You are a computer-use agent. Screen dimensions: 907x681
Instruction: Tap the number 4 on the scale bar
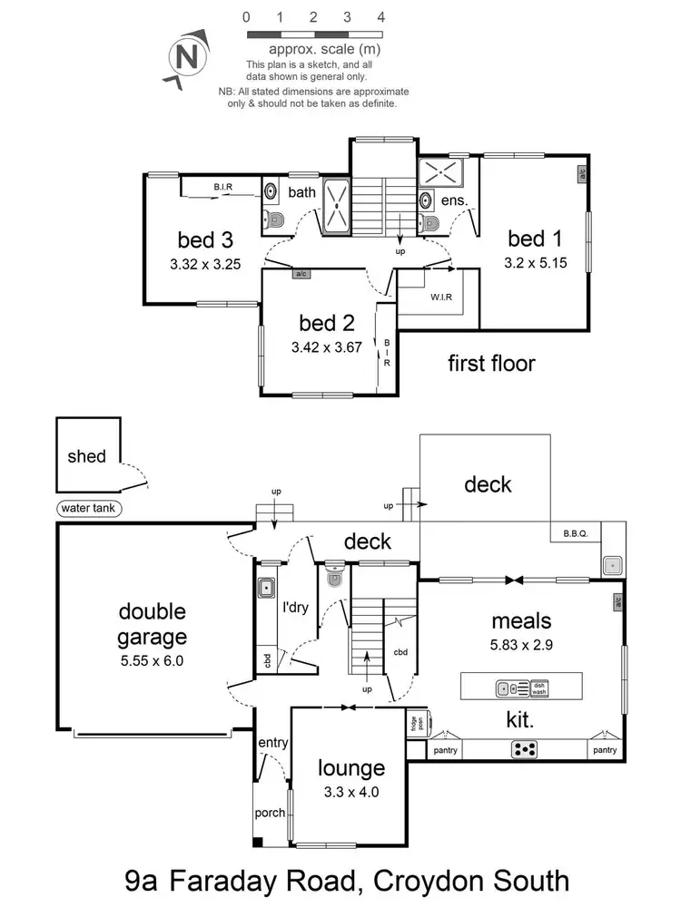(x=381, y=17)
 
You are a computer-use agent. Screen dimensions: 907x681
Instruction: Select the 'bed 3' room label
(x=205, y=240)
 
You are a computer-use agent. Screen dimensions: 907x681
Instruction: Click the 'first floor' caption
(x=491, y=364)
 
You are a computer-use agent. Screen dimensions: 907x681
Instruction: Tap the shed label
(x=87, y=456)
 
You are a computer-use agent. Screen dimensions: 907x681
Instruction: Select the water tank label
(x=88, y=509)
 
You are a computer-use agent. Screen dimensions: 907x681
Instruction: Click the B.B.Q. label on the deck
(x=576, y=534)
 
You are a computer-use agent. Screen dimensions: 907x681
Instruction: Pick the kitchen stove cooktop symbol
(x=526, y=749)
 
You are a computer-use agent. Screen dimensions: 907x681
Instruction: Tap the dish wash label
(x=539, y=688)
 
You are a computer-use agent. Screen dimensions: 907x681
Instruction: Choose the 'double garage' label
(x=152, y=625)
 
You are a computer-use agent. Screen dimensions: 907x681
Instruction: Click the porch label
(x=271, y=813)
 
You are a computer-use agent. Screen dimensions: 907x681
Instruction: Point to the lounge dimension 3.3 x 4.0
(x=350, y=792)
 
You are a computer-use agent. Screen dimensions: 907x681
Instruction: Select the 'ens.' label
(x=454, y=200)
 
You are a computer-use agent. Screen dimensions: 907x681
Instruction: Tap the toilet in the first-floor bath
(x=276, y=219)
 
